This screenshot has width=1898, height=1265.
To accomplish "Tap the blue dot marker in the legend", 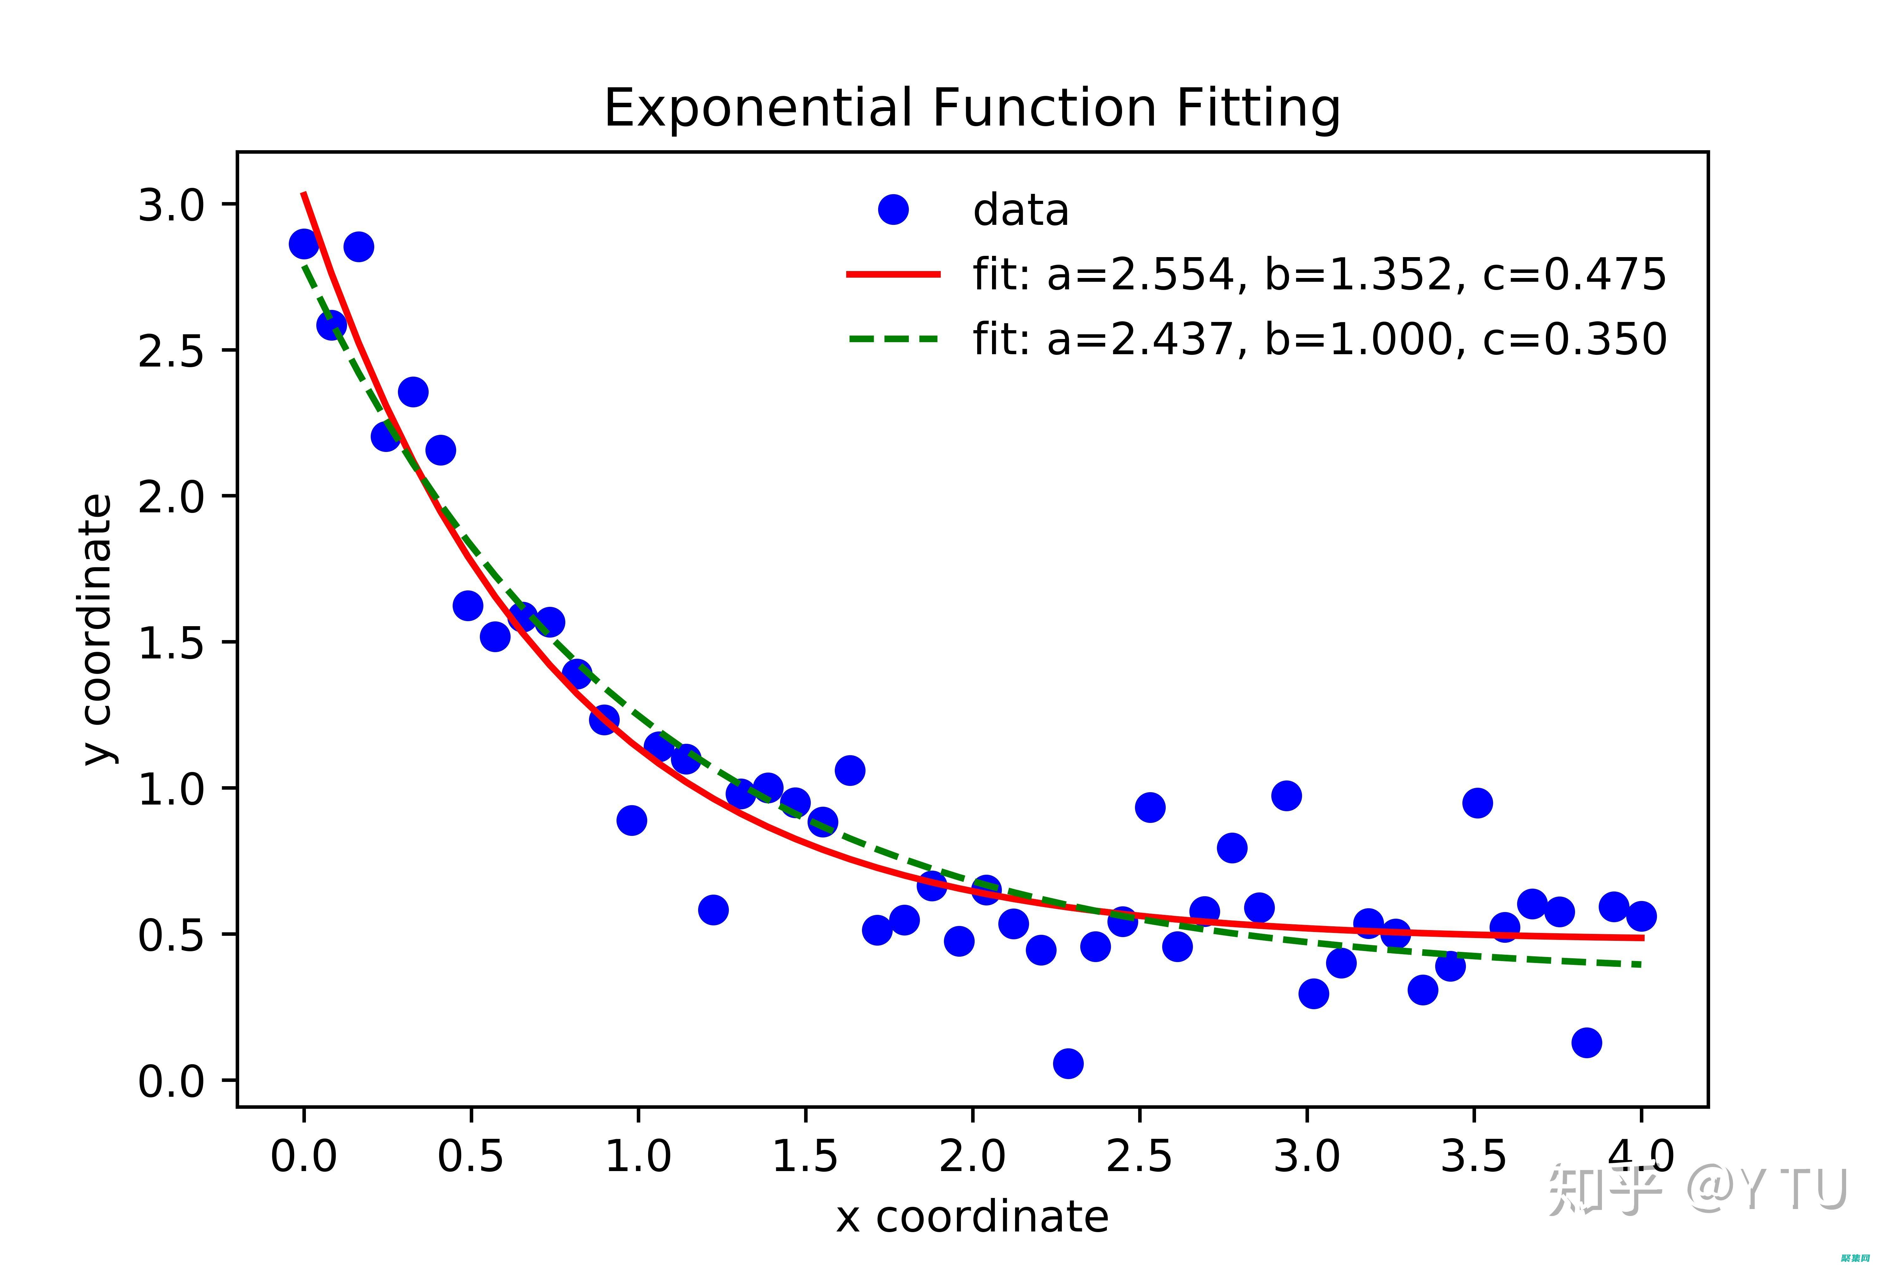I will coord(892,210).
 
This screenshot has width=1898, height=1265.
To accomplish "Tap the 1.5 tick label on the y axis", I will coord(171,643).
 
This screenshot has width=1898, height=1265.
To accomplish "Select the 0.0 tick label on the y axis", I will coord(171,1081).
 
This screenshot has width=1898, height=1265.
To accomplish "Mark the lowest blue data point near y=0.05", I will coord(1068,1063).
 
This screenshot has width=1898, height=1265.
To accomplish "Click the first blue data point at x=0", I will coord(303,244).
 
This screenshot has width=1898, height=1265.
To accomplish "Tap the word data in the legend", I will coord(1021,211).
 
